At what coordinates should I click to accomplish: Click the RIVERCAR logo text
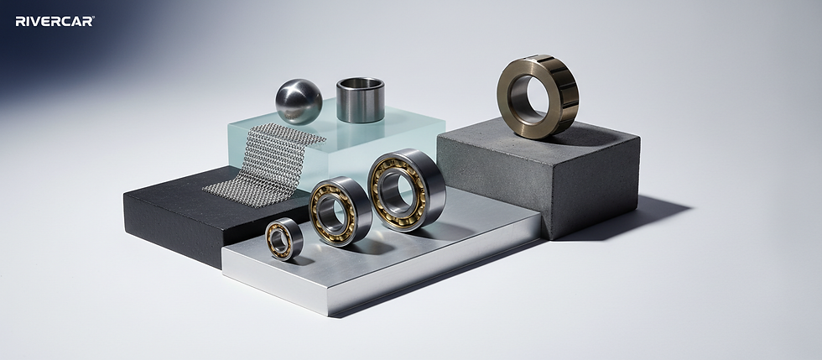click(x=55, y=21)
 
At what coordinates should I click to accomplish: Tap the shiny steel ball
click(x=299, y=102)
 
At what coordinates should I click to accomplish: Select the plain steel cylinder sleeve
click(x=360, y=100)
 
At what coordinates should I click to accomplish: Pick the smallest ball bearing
click(x=284, y=239)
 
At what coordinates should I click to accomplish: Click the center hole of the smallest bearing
click(x=279, y=241)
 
